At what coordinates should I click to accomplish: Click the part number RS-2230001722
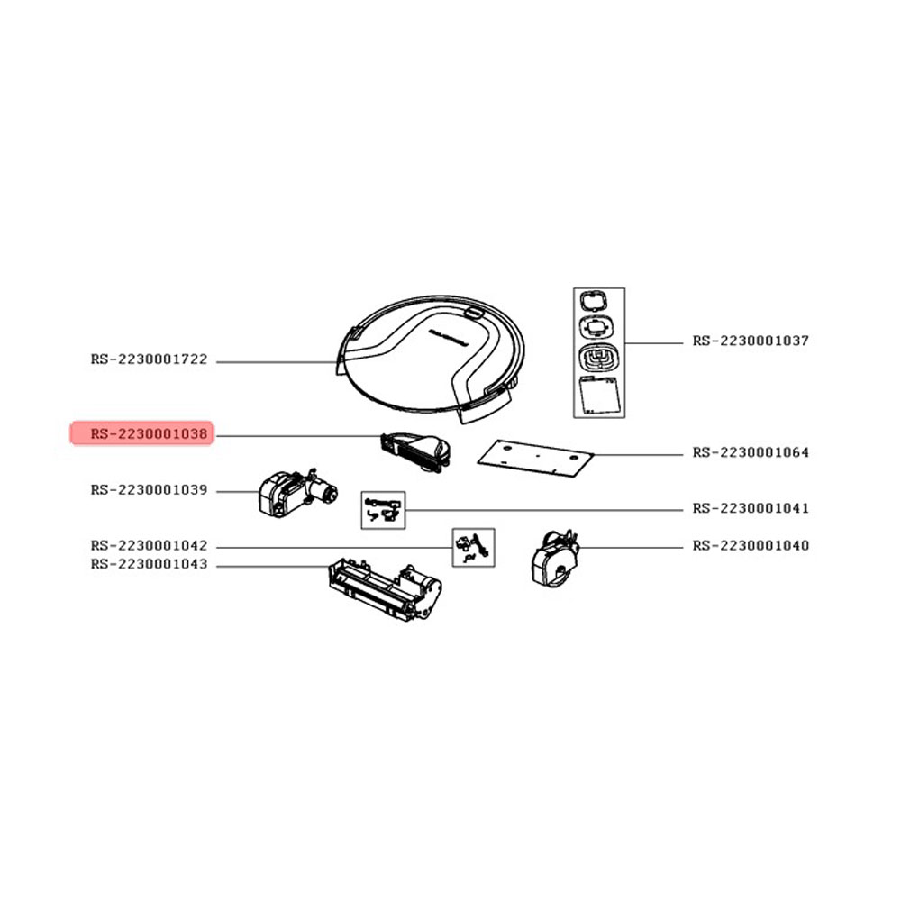coord(149,359)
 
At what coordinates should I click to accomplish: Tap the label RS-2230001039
coord(149,490)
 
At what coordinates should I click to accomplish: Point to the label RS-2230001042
coord(149,545)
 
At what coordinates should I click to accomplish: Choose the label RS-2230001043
coord(149,565)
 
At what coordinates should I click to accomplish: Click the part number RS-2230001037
coord(751,341)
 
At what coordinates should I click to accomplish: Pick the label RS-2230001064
coord(751,453)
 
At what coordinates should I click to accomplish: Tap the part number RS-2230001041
coord(751,508)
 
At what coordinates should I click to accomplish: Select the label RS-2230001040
coord(751,545)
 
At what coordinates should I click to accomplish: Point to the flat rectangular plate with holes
coord(535,459)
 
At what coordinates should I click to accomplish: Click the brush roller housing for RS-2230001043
coord(385,589)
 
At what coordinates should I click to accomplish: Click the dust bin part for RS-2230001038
coord(415,452)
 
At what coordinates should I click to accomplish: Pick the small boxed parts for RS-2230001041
coord(383,510)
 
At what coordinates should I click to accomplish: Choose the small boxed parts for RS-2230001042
coord(474,548)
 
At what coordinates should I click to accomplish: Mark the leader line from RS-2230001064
coord(639,454)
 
